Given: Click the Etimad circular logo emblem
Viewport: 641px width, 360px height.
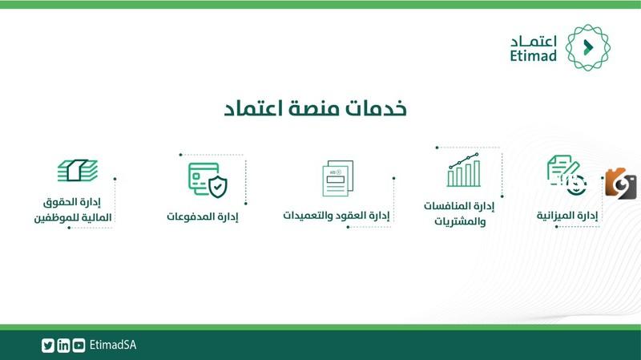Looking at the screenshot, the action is (587, 47).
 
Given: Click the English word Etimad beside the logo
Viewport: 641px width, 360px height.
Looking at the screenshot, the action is (533, 55).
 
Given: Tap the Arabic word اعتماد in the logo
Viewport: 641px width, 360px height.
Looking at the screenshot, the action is (534, 42).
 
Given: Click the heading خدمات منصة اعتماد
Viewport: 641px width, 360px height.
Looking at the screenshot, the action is (315, 109).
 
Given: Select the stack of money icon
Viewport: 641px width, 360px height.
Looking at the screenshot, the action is (78, 170).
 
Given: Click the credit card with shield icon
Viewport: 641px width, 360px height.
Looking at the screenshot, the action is (208, 180).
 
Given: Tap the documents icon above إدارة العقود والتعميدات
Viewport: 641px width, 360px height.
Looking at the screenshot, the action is (337, 178).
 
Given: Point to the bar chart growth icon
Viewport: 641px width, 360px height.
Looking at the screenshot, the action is (464, 170).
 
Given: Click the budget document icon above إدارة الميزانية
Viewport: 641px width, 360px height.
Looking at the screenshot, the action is (566, 175).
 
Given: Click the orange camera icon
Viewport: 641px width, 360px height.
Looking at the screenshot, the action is (620, 184).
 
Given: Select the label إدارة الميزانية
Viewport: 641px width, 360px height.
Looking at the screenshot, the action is (567, 215).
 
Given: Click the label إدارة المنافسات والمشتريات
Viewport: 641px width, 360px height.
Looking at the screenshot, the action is (459, 213).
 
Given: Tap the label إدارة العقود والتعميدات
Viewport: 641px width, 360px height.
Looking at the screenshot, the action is (337, 215).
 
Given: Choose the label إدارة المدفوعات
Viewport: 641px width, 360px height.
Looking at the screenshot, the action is (203, 216).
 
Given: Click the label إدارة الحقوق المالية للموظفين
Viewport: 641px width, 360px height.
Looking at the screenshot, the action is (73, 210).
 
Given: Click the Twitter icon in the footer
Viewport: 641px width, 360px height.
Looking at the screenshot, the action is (48, 346).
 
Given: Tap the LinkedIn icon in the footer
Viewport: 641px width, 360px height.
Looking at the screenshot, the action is (63, 346).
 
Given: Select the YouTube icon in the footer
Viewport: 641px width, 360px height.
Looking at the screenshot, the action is (79, 346).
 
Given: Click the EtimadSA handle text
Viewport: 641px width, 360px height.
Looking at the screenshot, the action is (113, 346).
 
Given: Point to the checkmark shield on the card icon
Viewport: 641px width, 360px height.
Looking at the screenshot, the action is (218, 187).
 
